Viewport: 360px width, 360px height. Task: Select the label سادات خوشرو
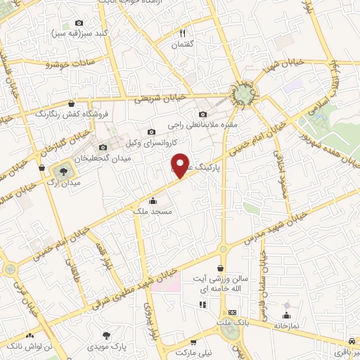pos(69,65)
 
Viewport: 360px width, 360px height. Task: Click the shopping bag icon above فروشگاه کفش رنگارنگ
pos(71,103)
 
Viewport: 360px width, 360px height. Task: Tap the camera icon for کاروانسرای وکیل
pos(151,131)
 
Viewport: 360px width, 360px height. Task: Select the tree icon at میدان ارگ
pos(64,170)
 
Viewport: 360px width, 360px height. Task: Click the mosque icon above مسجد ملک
pos(153,200)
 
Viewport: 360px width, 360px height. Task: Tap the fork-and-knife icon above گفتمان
pos(183,33)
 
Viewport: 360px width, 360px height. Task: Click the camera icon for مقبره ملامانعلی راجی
pos(203,114)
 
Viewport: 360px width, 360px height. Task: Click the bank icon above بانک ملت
pos(231,311)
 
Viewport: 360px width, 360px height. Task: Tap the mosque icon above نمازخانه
pos(286,314)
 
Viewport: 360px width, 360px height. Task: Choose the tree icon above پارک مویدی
pos(106,336)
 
